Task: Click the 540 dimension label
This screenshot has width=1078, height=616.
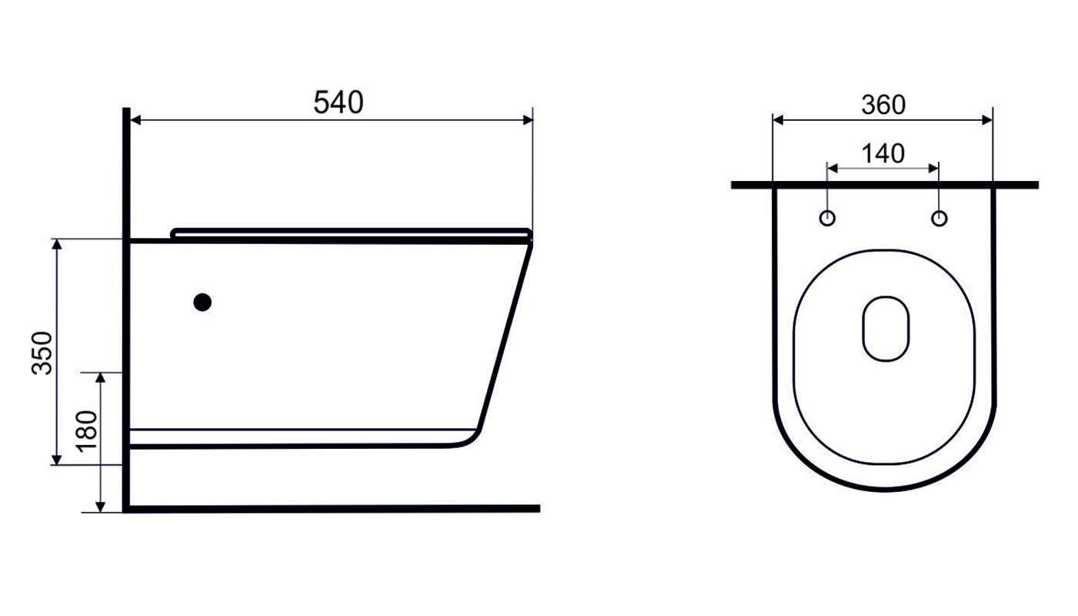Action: pyautogui.click(x=339, y=102)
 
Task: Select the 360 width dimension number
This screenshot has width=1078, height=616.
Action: pyautogui.click(x=883, y=105)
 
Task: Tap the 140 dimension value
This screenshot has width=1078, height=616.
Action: pyautogui.click(x=883, y=154)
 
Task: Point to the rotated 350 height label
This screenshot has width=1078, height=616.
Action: pyautogui.click(x=42, y=353)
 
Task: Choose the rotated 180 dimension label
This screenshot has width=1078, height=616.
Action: pyautogui.click(x=87, y=431)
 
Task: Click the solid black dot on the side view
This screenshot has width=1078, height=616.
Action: pyautogui.click(x=202, y=303)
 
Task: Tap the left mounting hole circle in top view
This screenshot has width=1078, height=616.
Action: pyautogui.click(x=827, y=218)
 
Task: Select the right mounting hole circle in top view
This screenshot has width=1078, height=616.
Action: pyautogui.click(x=939, y=218)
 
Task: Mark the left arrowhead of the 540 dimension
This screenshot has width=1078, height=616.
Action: pyautogui.click(x=135, y=120)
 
